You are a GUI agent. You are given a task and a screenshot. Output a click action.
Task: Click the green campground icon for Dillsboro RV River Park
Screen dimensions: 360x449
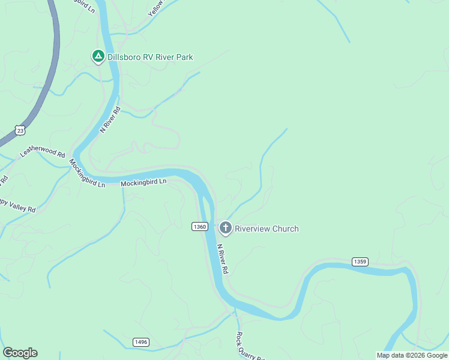point(98,56)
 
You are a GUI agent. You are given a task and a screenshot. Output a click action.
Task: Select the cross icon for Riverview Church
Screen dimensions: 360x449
point(226,227)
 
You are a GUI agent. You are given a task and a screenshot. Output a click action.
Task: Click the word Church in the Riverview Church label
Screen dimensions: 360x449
point(285,229)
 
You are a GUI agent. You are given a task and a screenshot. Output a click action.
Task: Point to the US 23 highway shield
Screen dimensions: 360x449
point(21,130)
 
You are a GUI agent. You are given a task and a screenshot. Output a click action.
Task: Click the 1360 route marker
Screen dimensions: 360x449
point(200,226)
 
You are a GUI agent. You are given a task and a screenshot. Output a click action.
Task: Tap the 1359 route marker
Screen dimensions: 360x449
point(360,262)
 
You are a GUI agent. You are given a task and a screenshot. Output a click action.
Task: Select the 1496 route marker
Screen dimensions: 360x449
point(141,342)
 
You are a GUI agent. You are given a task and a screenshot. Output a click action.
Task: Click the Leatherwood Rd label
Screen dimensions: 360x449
point(42,154)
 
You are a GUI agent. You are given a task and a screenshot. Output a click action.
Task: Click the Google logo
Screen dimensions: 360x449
point(20,353)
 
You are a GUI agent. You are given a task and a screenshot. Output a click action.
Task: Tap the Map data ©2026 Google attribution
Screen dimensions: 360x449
point(412,355)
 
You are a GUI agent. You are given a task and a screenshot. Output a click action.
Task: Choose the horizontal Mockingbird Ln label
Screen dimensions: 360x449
point(143,182)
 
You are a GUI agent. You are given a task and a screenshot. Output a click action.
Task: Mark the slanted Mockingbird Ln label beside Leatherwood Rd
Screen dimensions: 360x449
point(86,173)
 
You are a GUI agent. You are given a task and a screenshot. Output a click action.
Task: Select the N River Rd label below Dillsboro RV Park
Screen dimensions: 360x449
point(110,119)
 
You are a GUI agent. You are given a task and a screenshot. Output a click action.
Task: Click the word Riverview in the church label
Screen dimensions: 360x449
point(252,229)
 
